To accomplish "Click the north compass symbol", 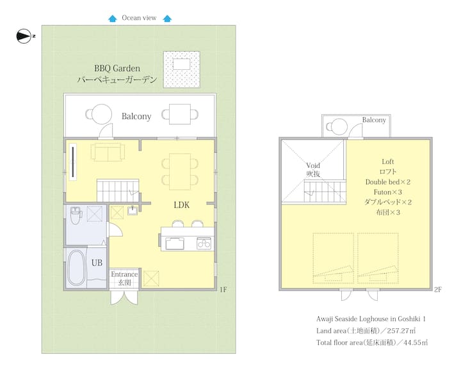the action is [x=24, y=36].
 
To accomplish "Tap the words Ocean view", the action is [x=139, y=18].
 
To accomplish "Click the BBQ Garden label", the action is [x=117, y=69].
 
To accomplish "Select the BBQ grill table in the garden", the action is [x=181, y=64].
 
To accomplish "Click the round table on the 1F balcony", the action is [x=101, y=114].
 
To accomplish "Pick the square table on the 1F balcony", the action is [x=180, y=114].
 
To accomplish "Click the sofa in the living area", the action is [x=108, y=152].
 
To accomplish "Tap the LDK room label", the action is [x=181, y=205].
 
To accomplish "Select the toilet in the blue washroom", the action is [x=76, y=215].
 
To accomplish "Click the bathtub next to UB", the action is [x=76, y=268].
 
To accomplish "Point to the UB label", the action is [x=97, y=263].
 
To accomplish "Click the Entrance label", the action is [x=124, y=274].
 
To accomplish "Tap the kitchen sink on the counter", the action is [x=175, y=244].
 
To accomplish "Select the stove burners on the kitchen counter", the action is [x=204, y=244].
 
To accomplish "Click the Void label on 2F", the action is [x=313, y=165].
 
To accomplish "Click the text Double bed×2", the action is [x=388, y=182].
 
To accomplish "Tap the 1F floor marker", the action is [x=223, y=290].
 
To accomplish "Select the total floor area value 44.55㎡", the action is [x=416, y=342].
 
